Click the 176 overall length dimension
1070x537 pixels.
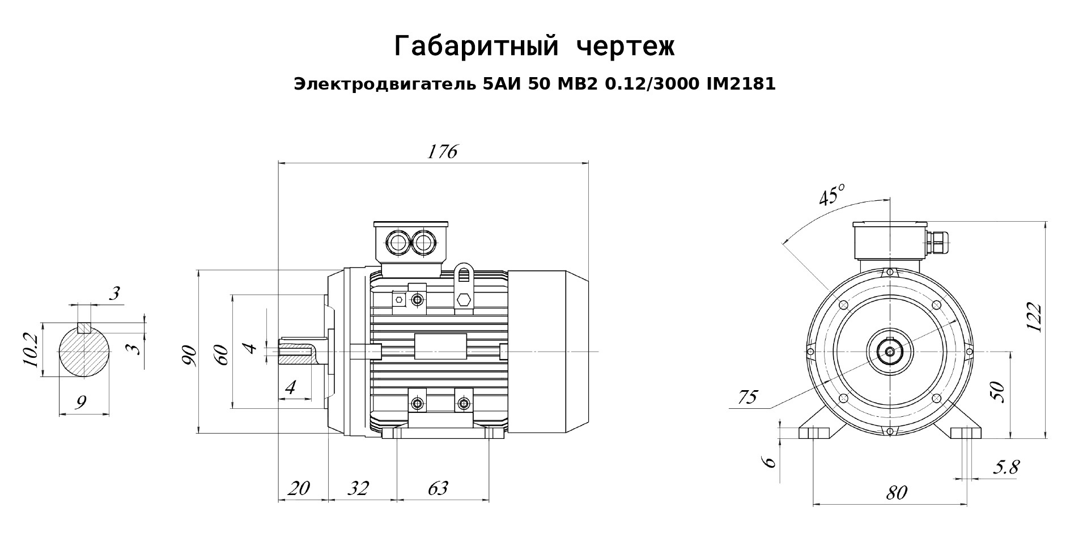pos(442,151)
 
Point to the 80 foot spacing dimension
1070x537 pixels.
pos(896,493)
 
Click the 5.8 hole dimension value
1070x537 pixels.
pos(1005,467)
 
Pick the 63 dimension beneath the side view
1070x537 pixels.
pos(438,488)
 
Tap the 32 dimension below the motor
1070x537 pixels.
pos(358,488)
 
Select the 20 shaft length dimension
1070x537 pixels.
pos(299,488)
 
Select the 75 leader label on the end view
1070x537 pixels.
pos(748,397)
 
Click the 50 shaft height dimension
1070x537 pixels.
pos(999,392)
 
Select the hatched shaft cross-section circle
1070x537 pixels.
pos(84,350)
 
